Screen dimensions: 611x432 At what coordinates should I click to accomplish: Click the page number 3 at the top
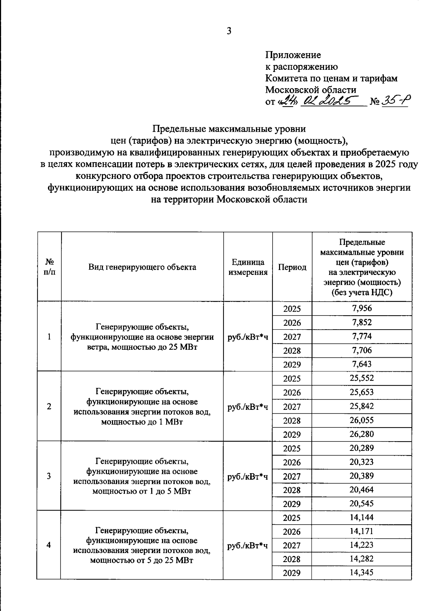(229, 31)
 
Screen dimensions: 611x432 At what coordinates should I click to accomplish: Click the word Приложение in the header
(293, 55)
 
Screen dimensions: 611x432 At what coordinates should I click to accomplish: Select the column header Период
(292, 267)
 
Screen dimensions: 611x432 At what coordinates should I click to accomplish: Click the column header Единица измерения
(248, 267)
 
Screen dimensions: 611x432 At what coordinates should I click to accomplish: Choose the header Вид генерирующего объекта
(142, 267)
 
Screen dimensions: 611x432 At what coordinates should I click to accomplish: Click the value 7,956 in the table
(362, 308)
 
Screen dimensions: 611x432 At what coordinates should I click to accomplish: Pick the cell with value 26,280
(362, 434)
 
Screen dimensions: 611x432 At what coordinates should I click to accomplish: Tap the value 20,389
(362, 476)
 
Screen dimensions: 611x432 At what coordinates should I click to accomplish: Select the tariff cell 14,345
(362, 572)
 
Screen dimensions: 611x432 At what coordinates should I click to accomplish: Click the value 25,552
(362, 378)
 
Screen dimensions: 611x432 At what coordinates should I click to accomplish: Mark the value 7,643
(362, 364)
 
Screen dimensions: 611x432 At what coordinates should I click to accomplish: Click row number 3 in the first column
(49, 476)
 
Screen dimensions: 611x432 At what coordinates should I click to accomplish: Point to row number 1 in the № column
(49, 336)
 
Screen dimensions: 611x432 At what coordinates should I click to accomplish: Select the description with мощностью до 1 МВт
(142, 406)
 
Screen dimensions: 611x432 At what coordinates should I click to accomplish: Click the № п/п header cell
(49, 267)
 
